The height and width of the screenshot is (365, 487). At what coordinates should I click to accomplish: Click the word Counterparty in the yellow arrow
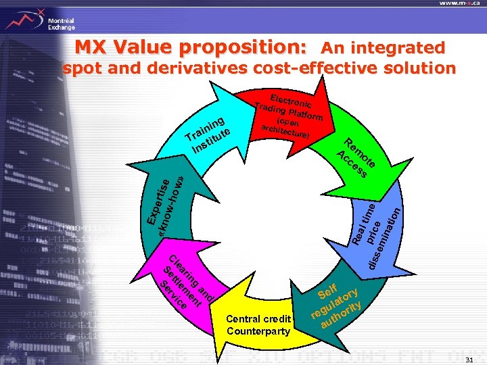pyautogui.click(x=259, y=332)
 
